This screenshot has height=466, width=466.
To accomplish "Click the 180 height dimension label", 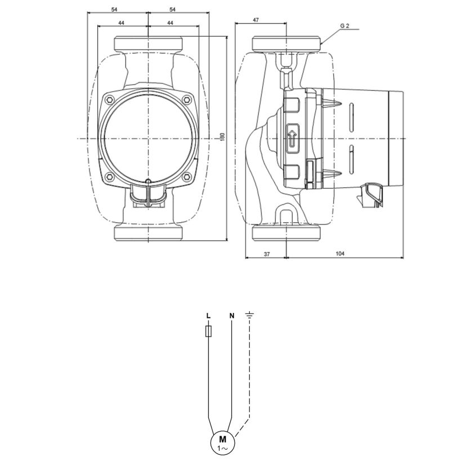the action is pyautogui.click(x=223, y=136).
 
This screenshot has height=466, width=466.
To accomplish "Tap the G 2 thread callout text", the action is pyautogui.click(x=345, y=26).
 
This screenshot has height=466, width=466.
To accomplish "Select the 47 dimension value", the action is pyautogui.click(x=256, y=20).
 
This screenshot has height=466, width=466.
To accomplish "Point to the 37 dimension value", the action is pyautogui.click(x=267, y=254).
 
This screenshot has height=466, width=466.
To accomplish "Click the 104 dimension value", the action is pyautogui.click(x=340, y=253).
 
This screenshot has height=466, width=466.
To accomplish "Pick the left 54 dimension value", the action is pyautogui.click(x=114, y=10).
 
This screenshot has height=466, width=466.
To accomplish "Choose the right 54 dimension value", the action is pyautogui.click(x=173, y=10).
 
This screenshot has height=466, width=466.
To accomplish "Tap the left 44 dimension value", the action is pyautogui.click(x=121, y=23).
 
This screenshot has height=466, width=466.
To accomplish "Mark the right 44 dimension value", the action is pyautogui.click(x=170, y=23).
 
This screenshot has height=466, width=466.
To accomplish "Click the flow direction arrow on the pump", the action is pyautogui.click(x=292, y=138).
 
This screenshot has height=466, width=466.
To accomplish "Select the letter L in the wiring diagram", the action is pyautogui.click(x=208, y=315).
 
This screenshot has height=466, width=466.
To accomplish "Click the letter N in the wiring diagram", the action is pyautogui.click(x=232, y=315).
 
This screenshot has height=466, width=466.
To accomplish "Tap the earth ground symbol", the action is pyautogui.click(x=249, y=315).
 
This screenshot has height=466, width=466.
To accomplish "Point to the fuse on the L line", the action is pyautogui.click(x=209, y=331).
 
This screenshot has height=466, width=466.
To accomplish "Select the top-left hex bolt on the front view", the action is pyautogui.click(x=110, y=100).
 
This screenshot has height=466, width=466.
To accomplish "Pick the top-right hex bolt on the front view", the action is pyautogui.click(x=187, y=100).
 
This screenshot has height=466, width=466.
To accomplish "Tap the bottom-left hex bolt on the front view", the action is pyautogui.click(x=110, y=177).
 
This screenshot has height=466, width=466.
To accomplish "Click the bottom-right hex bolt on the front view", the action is pyautogui.click(x=186, y=177).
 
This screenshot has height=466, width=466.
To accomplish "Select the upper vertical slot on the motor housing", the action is pyautogui.click(x=352, y=117).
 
